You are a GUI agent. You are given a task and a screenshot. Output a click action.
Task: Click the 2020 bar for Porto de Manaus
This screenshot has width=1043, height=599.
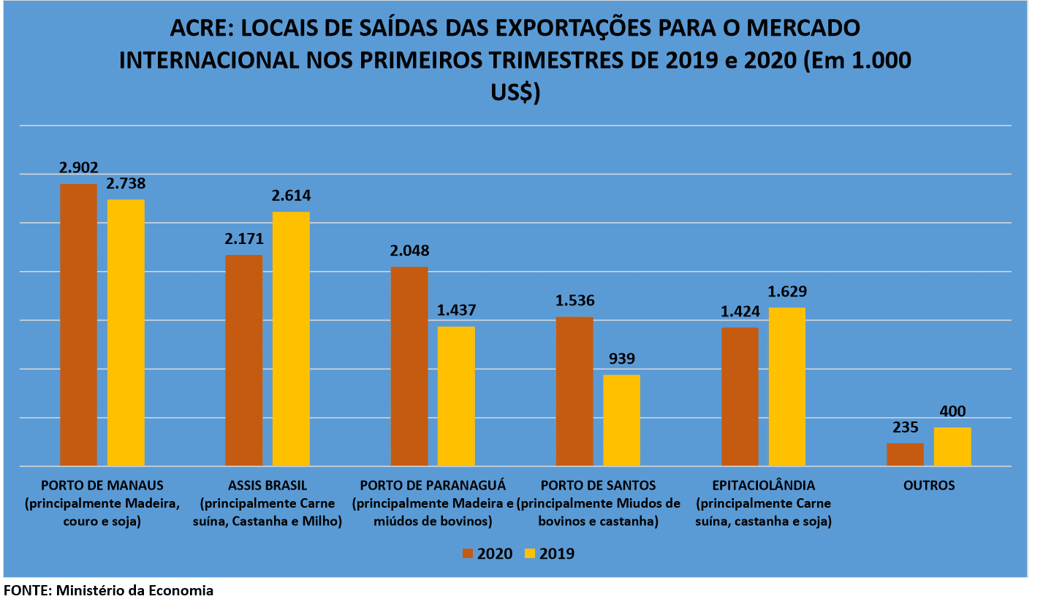(78, 324)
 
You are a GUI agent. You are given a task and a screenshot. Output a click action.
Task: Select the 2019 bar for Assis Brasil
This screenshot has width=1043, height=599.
(291, 338)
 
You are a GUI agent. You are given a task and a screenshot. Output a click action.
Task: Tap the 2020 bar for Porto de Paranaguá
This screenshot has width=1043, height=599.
(409, 366)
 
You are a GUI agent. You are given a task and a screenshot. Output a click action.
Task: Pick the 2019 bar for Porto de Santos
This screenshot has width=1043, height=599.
(621, 420)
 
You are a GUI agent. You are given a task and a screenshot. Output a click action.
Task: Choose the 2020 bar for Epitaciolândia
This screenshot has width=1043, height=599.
(740, 396)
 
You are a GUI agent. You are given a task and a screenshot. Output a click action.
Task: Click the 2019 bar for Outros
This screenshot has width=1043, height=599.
(952, 446)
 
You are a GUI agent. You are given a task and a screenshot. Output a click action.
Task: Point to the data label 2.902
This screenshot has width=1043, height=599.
(78, 167)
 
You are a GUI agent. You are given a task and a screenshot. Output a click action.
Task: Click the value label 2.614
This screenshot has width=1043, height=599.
(291, 196)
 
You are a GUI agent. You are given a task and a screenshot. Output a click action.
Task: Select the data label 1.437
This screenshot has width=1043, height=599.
(456, 310)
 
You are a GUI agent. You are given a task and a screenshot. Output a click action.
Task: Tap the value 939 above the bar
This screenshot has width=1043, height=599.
(621, 359)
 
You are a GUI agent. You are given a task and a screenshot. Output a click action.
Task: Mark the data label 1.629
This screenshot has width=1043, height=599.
(787, 291)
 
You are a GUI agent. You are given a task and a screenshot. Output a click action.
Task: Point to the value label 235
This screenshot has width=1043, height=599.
(905, 427)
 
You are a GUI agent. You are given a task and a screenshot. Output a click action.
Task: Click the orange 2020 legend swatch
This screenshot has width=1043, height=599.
(469, 554)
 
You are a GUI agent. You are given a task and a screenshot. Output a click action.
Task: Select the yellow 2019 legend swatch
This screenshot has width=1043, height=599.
(531, 554)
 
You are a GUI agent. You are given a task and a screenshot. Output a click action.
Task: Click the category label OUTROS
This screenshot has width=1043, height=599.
(929, 485)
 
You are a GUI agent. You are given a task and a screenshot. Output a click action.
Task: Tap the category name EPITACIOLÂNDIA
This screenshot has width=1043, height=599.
(763, 485)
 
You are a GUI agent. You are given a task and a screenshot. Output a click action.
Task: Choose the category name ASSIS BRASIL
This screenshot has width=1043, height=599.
(268, 485)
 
